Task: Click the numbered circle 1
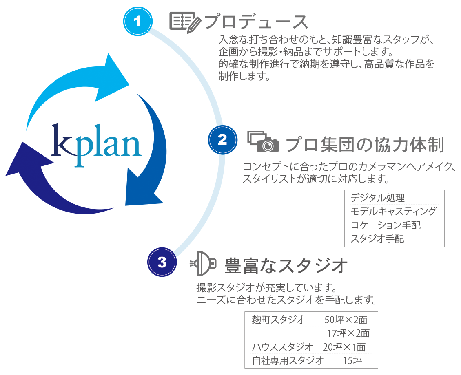click(x=138, y=21)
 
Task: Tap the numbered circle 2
click(x=222, y=140)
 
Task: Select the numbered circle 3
click(x=162, y=262)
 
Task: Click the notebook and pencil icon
click(x=185, y=22)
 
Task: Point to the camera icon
click(x=264, y=141)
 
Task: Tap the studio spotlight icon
click(x=203, y=263)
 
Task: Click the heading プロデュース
click(x=255, y=22)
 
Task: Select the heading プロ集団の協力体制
click(x=364, y=144)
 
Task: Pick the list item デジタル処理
click(x=377, y=198)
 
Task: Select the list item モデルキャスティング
click(x=393, y=211)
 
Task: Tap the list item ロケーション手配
click(x=386, y=225)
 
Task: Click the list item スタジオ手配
click(x=377, y=238)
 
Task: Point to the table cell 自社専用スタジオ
click(x=288, y=361)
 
